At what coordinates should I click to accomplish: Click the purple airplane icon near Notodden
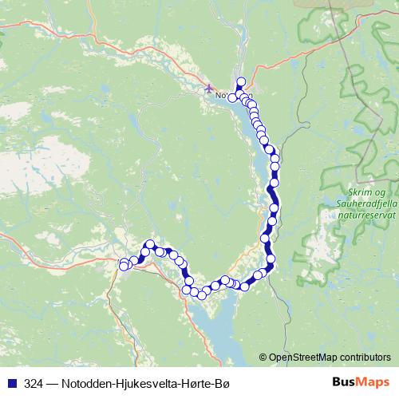209,88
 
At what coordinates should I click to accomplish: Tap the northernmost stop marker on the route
241,81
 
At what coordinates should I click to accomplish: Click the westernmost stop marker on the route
124,264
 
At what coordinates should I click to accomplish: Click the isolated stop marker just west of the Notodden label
232,97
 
